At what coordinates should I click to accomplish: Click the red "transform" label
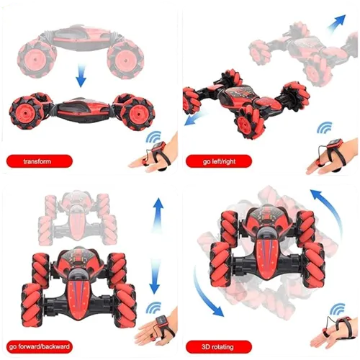(x=37, y=161)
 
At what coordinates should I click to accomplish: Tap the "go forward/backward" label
(x=42, y=347)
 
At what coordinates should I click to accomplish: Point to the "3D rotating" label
(x=216, y=347)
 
